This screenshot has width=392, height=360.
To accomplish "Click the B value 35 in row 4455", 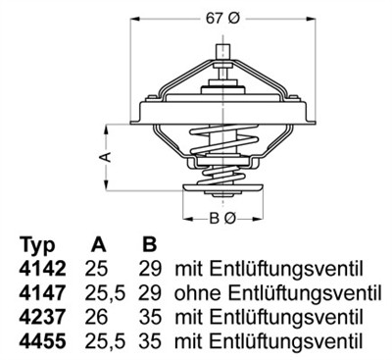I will coord(151,339).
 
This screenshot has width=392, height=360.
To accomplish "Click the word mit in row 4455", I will coord(188,339).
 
